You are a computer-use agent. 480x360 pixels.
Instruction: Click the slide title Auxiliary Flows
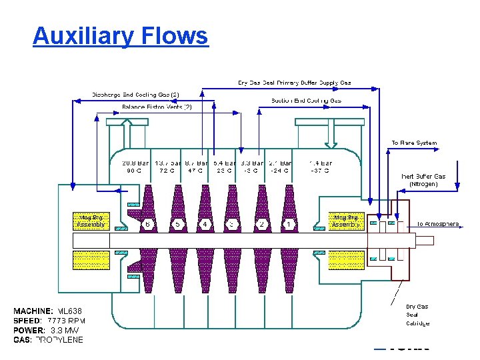pyautogui.click(x=121, y=35)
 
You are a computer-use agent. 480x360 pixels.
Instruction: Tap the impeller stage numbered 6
pyautogui.click(x=148, y=224)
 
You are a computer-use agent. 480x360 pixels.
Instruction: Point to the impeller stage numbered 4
pyautogui.click(x=206, y=224)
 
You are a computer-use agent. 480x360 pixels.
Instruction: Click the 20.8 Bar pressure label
pyautogui.click(x=135, y=162)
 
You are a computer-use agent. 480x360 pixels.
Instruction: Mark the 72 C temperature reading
pyautogui.click(x=167, y=171)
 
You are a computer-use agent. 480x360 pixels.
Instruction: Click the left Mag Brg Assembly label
pyautogui.click(x=90, y=221)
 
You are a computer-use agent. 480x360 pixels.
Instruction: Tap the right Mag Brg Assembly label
pyautogui.click(x=347, y=221)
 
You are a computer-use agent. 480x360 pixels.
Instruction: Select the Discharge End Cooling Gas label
pyautogui.click(x=136, y=94)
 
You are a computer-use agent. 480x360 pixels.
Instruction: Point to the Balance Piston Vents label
pyautogui.click(x=157, y=107)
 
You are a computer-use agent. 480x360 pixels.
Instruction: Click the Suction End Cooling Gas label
pyautogui.click(x=306, y=101)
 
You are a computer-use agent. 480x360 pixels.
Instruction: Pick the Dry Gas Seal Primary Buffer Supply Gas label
pyautogui.click(x=295, y=83)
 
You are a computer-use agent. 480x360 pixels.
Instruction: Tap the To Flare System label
pyautogui.click(x=414, y=143)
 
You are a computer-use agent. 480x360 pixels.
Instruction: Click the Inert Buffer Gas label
pyautogui.click(x=423, y=177)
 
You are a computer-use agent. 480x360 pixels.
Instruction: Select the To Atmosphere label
pyautogui.click(x=438, y=224)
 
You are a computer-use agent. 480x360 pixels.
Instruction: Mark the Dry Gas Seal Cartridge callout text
pyautogui.click(x=417, y=315)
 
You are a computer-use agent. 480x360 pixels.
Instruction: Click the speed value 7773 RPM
pyautogui.click(x=67, y=321)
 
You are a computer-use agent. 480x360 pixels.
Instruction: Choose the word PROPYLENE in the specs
pyautogui.click(x=59, y=339)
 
